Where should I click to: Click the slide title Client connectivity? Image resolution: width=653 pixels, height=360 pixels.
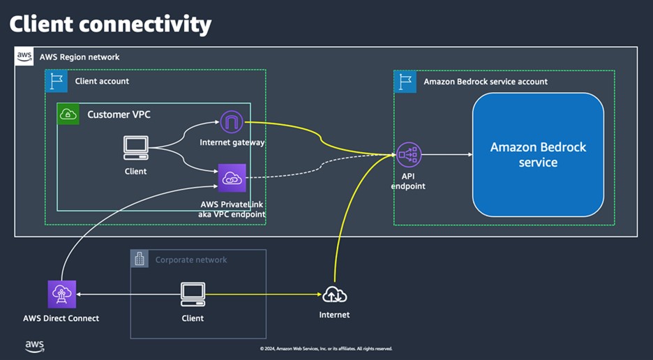[x=110, y=24]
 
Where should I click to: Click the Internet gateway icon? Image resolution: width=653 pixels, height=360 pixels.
[x=231, y=123]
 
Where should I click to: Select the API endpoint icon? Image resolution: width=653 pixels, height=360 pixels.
[x=408, y=155]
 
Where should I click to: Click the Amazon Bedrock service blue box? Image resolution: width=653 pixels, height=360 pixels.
[x=538, y=154]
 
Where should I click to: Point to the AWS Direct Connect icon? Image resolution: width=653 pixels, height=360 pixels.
[x=61, y=294]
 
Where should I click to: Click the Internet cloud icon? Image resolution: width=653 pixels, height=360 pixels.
[x=334, y=294]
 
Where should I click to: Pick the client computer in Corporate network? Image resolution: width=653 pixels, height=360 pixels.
[x=193, y=294]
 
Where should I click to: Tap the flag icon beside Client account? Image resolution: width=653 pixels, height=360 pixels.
[x=56, y=81]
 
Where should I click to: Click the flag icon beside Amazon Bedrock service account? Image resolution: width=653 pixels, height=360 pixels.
[x=405, y=81]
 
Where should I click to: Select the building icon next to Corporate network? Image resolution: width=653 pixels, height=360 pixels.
[x=140, y=259]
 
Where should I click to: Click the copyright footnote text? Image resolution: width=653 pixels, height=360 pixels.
[x=326, y=348]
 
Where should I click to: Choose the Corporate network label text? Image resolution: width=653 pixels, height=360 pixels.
[x=190, y=260]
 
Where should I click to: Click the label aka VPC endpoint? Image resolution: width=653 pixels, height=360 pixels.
[x=231, y=214]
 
